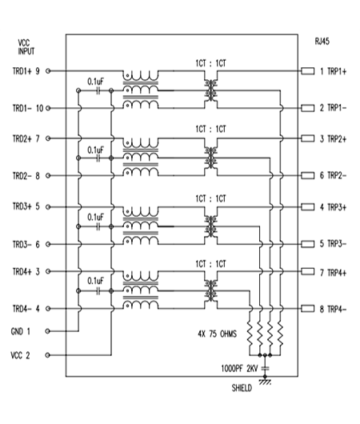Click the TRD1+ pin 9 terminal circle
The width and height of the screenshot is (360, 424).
(x=48, y=71)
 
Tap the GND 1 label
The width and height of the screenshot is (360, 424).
(x=21, y=331)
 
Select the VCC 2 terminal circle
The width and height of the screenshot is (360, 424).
(x=48, y=355)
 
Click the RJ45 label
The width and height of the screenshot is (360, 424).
(x=322, y=42)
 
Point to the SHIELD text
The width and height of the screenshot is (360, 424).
(x=242, y=388)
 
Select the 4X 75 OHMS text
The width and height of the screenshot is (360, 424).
(x=217, y=334)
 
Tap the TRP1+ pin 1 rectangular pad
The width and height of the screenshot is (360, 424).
(x=308, y=71)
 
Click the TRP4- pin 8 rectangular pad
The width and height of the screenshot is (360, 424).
(x=308, y=309)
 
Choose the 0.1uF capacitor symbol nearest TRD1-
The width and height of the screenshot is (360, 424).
(x=98, y=91)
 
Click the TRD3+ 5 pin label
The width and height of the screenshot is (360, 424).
(x=26, y=206)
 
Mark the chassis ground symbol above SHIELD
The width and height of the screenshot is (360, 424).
(x=265, y=382)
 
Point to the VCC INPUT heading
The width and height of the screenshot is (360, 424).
(x=26, y=46)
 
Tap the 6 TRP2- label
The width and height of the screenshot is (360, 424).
(x=333, y=175)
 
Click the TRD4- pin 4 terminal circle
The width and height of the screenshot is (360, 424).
(x=48, y=309)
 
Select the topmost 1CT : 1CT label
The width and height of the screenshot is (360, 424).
(x=211, y=63)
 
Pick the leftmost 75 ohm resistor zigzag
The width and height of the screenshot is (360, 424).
(x=250, y=334)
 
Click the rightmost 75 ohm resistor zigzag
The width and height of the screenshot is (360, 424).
(x=280, y=334)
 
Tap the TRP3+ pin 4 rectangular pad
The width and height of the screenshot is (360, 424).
(x=308, y=207)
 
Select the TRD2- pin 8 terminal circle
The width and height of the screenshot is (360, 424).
(x=48, y=176)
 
